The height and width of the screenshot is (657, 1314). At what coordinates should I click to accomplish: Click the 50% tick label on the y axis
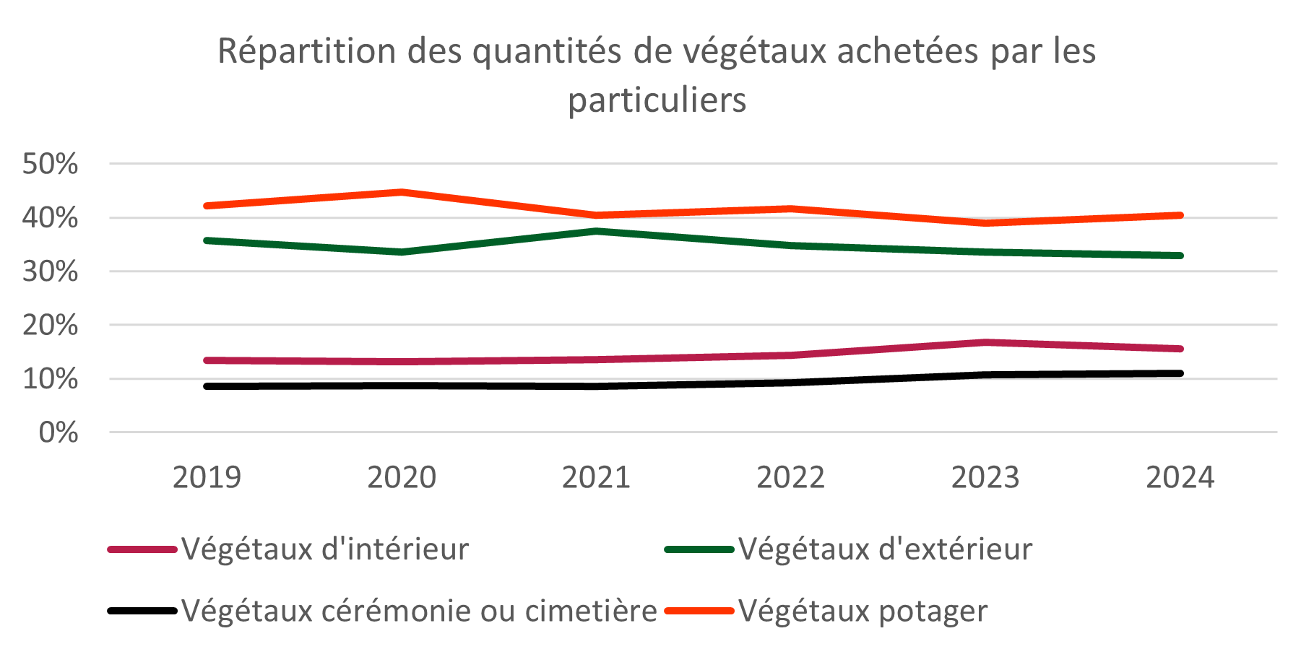click(x=50, y=164)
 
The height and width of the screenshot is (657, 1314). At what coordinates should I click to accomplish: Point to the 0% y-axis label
click(x=58, y=432)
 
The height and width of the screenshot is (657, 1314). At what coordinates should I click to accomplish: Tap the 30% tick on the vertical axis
click(x=50, y=271)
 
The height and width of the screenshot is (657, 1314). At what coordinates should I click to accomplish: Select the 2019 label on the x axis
click(x=207, y=477)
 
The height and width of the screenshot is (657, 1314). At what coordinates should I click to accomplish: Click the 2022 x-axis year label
click(x=790, y=477)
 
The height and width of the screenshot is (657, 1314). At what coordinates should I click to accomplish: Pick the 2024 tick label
click(x=1180, y=477)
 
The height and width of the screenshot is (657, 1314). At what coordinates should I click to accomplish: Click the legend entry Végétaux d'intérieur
click(x=325, y=549)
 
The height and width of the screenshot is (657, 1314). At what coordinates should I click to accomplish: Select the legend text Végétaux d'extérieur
click(x=885, y=549)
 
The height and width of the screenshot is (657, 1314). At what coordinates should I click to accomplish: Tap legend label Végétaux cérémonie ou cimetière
click(x=419, y=611)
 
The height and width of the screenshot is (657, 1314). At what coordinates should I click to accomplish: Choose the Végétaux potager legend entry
click(x=863, y=611)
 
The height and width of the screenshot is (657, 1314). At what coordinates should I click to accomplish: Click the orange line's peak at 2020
click(x=402, y=192)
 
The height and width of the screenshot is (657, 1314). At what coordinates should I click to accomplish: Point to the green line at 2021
click(x=597, y=231)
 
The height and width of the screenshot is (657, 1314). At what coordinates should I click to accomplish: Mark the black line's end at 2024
click(x=1180, y=373)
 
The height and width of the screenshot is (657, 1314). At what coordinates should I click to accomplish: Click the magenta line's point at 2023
click(x=985, y=342)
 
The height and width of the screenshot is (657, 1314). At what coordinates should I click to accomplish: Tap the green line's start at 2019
click(x=207, y=240)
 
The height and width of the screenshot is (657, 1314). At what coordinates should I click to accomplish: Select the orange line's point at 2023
click(x=985, y=222)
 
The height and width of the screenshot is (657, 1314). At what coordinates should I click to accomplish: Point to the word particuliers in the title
click(x=657, y=100)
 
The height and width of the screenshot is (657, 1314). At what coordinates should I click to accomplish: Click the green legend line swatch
click(x=699, y=549)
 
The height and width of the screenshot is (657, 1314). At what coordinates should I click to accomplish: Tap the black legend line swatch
click(x=142, y=611)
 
